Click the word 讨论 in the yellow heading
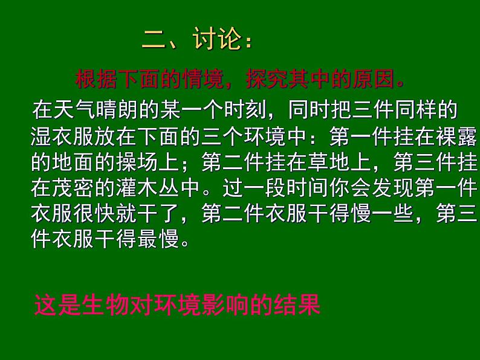pos(217,39)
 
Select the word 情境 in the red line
pos(203,79)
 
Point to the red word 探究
pos(267,79)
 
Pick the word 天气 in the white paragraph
pos(75,109)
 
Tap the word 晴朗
pos(117,109)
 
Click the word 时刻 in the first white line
pos(245,109)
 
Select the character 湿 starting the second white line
pos(41,136)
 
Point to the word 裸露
pos(457,136)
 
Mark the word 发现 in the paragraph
pos(393,187)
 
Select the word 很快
pos(94,213)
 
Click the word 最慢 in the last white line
pos(158,239)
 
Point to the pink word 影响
pos(225,304)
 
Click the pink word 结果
pos(297,304)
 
